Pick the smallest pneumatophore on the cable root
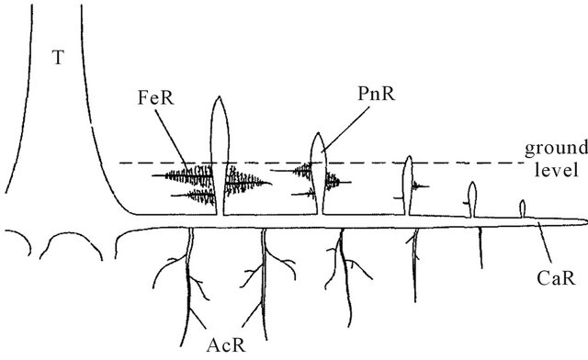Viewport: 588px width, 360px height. click(x=523, y=208)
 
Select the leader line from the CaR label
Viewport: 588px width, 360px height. click(x=543, y=242)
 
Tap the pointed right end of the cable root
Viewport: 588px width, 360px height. click(x=582, y=220)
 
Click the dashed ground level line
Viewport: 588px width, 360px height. click(x=276, y=163)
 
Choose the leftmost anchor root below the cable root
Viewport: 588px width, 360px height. click(x=191, y=276)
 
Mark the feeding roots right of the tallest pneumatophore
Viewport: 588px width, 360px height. click(x=246, y=184)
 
